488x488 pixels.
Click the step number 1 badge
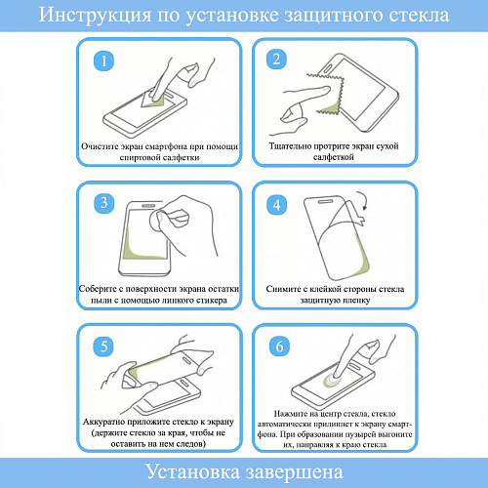pyautogui.click(x=103, y=61)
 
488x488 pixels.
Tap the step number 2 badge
pyautogui.click(x=276, y=60)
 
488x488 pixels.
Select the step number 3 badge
pyautogui.click(x=103, y=203)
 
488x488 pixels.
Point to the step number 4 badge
pyautogui.click(x=277, y=205)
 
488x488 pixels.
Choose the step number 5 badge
pyautogui.click(x=103, y=346)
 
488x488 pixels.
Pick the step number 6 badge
pyautogui.click(x=279, y=346)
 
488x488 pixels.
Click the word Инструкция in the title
pyautogui.click(x=95, y=16)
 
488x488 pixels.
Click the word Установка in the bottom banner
pyautogui.click(x=192, y=471)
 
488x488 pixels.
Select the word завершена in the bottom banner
pyautogui.click(x=295, y=472)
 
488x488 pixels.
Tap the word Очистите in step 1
pyautogui.click(x=100, y=146)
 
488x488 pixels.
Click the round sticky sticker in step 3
pyautogui.click(x=157, y=221)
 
